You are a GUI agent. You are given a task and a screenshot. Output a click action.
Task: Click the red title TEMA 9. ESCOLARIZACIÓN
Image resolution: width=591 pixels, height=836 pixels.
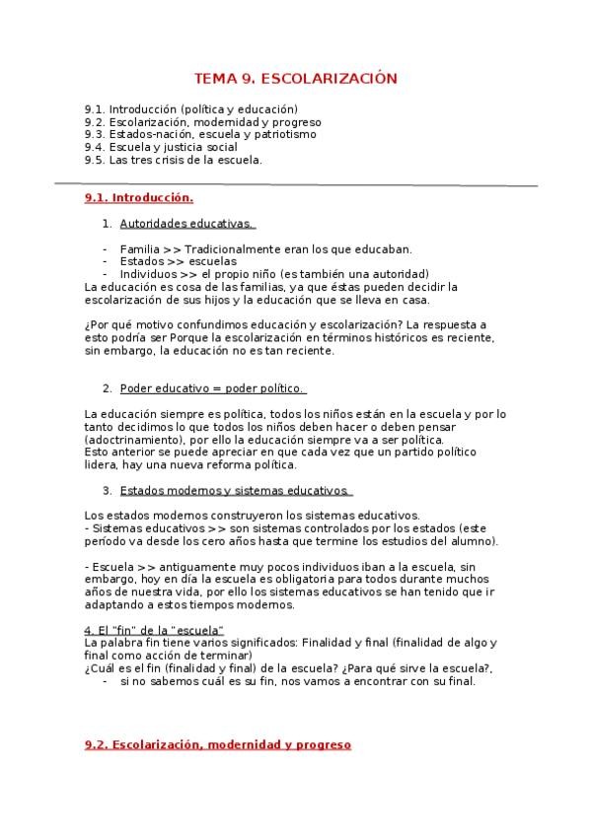pyautogui.click(x=295, y=78)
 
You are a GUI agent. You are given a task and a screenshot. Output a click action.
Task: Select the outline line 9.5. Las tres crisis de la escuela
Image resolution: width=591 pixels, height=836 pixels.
pyautogui.click(x=173, y=160)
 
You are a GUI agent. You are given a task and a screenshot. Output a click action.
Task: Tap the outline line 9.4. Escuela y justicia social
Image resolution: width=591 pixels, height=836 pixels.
pyautogui.click(x=160, y=147)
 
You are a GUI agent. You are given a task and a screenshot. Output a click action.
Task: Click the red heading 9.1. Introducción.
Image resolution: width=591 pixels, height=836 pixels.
pyautogui.click(x=138, y=197)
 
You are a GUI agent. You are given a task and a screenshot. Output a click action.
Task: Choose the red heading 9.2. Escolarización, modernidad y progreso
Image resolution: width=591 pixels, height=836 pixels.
pyautogui.click(x=217, y=745)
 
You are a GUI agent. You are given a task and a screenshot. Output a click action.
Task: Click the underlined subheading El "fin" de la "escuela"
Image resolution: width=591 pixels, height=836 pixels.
pyautogui.click(x=155, y=630)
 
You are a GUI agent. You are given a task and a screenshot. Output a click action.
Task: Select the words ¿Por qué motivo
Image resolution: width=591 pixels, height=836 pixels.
pyautogui.click(x=123, y=324)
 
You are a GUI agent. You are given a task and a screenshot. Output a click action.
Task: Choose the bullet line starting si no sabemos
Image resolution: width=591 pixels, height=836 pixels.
pyautogui.click(x=297, y=681)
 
